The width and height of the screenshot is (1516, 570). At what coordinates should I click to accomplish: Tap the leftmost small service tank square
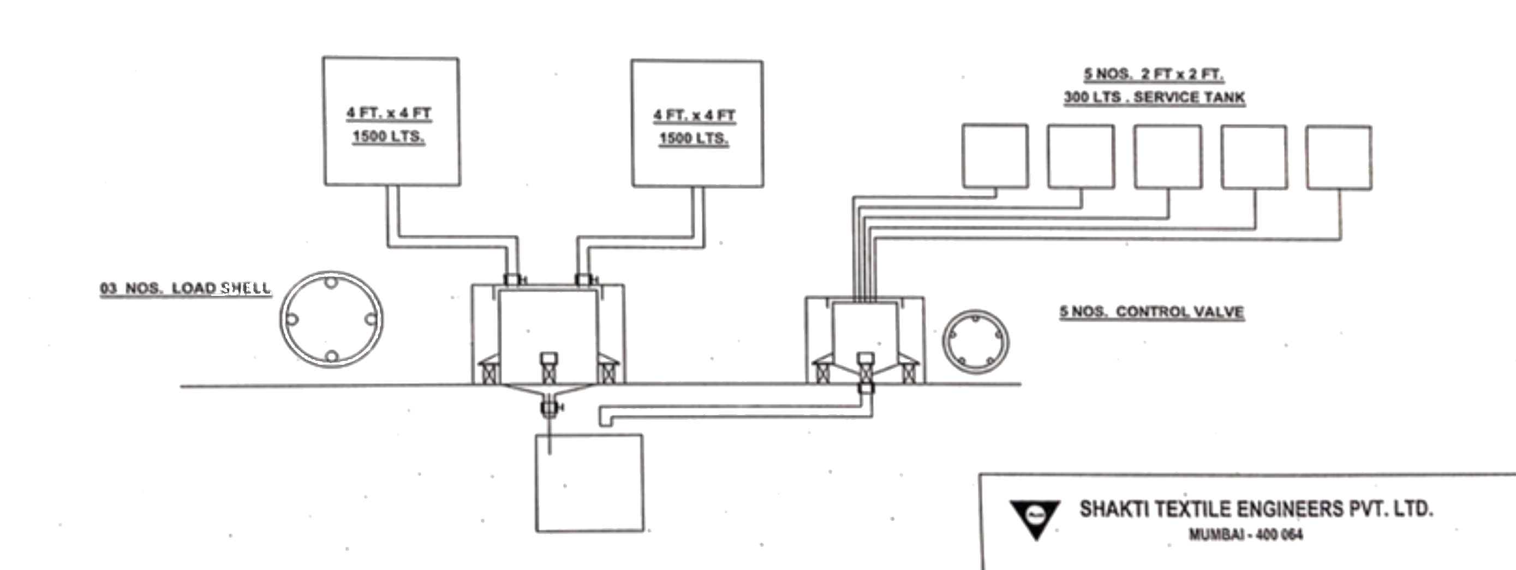point(995,156)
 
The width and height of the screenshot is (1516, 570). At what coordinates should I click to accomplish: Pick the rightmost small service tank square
point(1339,158)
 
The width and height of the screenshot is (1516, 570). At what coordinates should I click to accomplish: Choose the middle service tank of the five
point(1168,157)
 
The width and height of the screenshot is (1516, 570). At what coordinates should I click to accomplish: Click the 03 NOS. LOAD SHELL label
point(186,288)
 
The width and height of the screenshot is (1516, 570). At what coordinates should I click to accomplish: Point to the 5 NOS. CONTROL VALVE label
point(1151,312)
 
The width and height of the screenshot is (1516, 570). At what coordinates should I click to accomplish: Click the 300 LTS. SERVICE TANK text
point(1154,98)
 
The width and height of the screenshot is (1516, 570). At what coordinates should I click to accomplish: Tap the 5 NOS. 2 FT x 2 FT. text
point(1154,75)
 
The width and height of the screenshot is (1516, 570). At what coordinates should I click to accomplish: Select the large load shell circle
point(331,319)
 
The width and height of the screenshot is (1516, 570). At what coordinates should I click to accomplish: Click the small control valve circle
point(975,342)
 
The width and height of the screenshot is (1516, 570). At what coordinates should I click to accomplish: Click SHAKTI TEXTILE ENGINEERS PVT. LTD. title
point(1256,509)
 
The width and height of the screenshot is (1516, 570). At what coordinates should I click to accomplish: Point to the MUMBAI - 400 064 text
point(1246,535)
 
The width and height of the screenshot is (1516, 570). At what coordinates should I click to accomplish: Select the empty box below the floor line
point(589,483)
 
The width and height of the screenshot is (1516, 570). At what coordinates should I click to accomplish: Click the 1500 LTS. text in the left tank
point(389,136)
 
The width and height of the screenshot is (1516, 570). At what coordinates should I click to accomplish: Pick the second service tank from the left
point(1081,157)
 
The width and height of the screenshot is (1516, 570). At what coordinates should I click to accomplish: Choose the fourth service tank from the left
point(1254,158)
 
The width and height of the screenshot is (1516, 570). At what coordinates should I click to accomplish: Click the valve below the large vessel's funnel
point(549,407)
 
